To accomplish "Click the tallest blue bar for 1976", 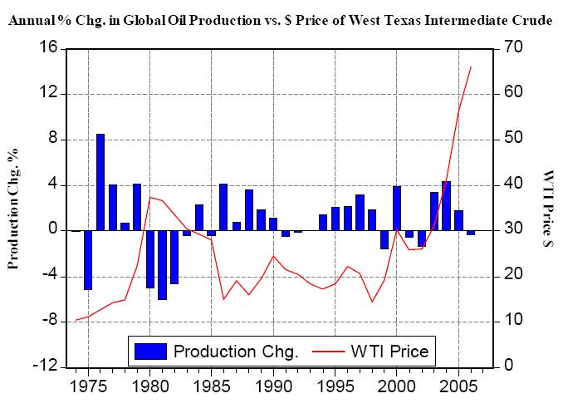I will coord(100,181).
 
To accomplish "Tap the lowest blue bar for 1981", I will coord(162,264).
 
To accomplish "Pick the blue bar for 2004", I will coord(446,205).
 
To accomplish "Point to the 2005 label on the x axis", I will coord(458,386).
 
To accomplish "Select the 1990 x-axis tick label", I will coord(273,386).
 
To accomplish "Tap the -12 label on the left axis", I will coord(44,366).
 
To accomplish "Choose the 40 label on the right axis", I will coord(514,184).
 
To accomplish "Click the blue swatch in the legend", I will coord(150,352).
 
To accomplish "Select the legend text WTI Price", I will coord(389,352).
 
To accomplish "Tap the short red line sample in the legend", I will coord(329,352).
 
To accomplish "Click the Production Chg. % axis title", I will coord(14,208).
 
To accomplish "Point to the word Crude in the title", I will coord(531,20).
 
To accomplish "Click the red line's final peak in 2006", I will coord(471,66).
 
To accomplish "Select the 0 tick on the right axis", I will coord(510,366).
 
